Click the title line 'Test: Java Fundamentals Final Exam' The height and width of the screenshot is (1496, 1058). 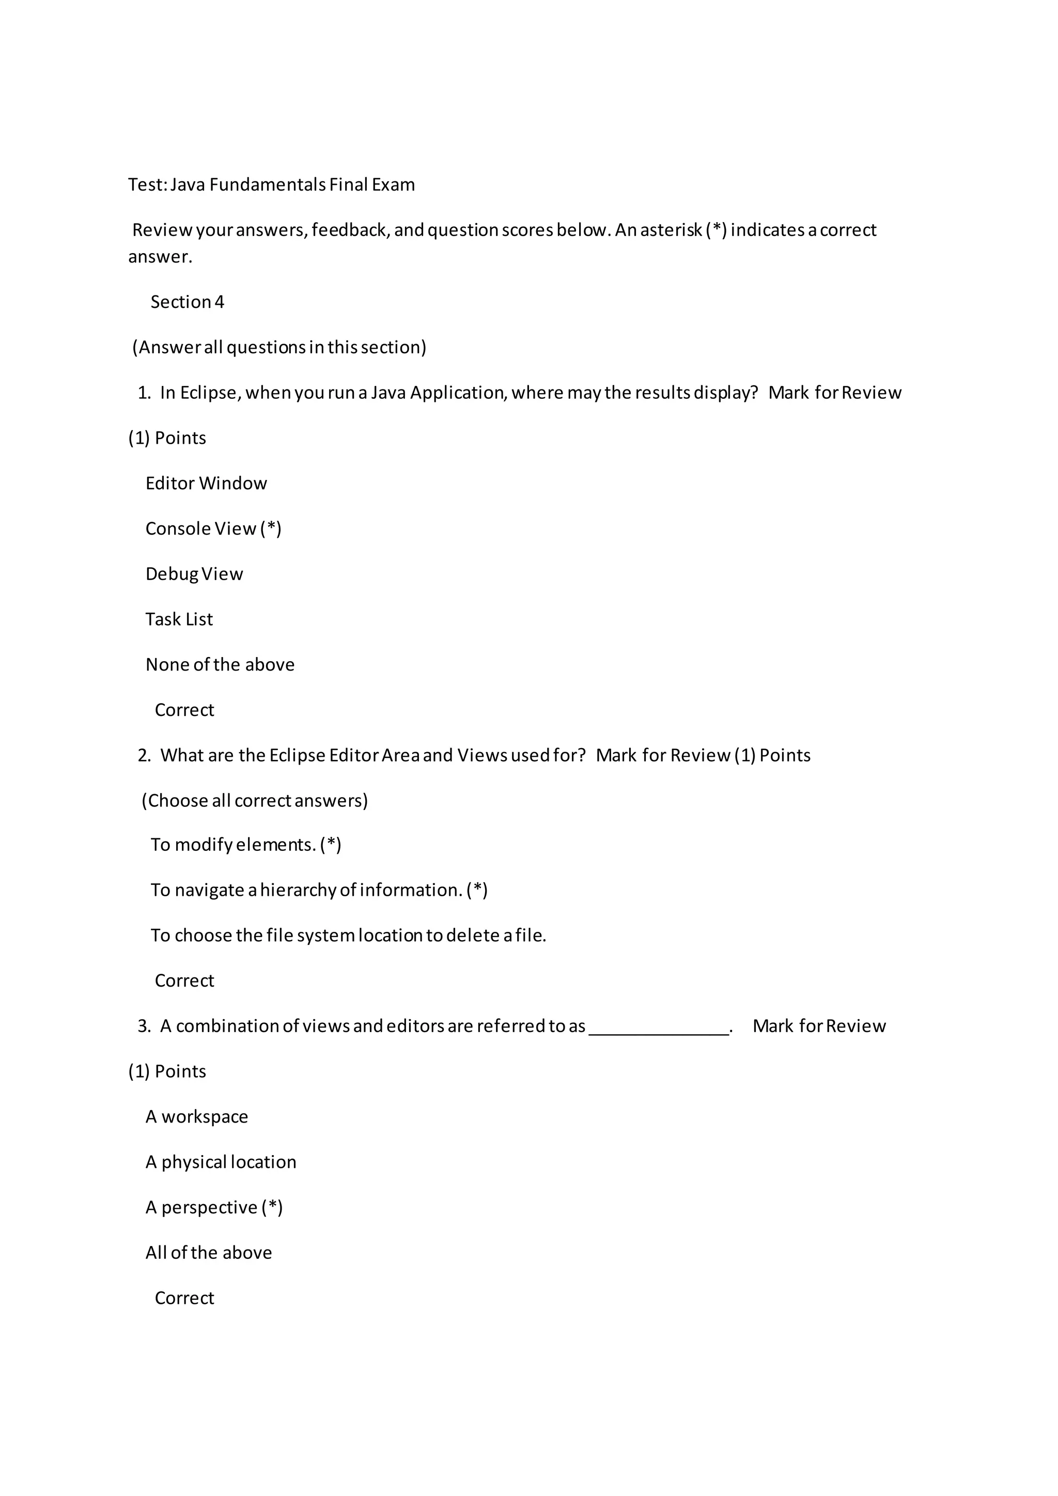point(271,185)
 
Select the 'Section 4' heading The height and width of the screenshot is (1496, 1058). point(187,302)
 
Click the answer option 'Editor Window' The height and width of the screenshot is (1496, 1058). point(206,484)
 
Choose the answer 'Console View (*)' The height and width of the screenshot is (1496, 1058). point(213,528)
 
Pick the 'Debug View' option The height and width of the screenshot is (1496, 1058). point(194,574)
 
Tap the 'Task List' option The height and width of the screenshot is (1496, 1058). point(179,619)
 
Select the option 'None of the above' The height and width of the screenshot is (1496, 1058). point(220,665)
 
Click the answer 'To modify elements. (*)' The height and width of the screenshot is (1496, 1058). point(245,845)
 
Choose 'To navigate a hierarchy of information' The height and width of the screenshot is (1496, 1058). point(319,890)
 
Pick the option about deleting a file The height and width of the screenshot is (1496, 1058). point(348,936)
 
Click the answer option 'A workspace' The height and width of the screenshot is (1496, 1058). point(197,1117)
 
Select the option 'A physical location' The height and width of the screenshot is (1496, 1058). point(221,1162)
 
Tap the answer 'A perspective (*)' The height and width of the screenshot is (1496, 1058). point(214,1207)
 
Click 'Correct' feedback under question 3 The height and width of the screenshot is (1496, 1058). point(184,1298)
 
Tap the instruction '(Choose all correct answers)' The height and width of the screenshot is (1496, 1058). point(255,800)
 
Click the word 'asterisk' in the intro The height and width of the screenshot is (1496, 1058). point(671,230)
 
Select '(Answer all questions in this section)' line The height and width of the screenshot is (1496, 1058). point(279,347)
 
